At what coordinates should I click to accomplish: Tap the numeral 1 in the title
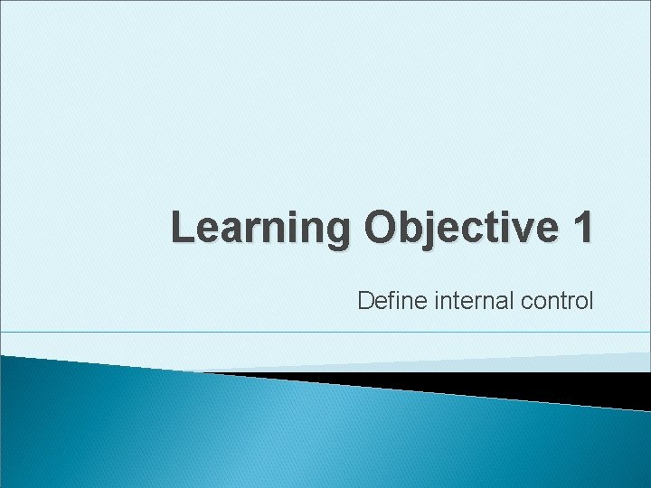click(581, 229)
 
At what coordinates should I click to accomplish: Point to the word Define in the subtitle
click(384, 300)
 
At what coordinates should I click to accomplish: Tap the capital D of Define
click(365, 300)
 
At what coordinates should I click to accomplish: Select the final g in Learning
click(336, 233)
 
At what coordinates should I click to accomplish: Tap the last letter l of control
click(590, 300)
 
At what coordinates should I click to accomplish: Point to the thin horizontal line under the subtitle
click(325, 333)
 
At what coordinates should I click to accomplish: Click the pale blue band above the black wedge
click(542, 361)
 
